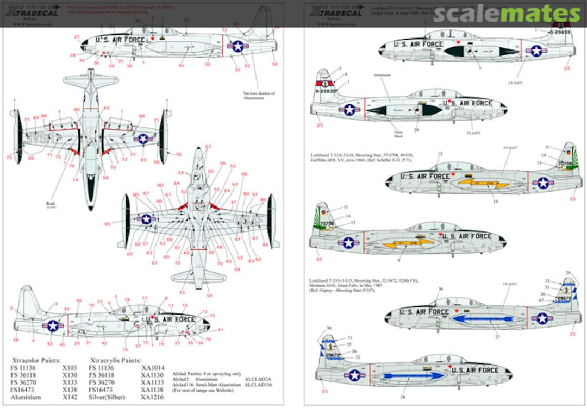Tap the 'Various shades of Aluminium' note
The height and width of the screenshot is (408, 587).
(259, 96)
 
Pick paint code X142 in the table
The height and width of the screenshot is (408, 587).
(68, 397)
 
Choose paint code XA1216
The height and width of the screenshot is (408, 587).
(153, 397)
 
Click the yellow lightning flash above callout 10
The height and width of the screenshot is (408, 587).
(483, 184)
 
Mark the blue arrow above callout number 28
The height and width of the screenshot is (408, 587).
(414, 375)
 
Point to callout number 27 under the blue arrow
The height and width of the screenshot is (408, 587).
(497, 337)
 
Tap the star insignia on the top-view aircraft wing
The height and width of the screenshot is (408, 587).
(143, 139)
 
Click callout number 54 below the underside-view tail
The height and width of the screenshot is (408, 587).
(209, 296)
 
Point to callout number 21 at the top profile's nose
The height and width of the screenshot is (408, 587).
(77, 37)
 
